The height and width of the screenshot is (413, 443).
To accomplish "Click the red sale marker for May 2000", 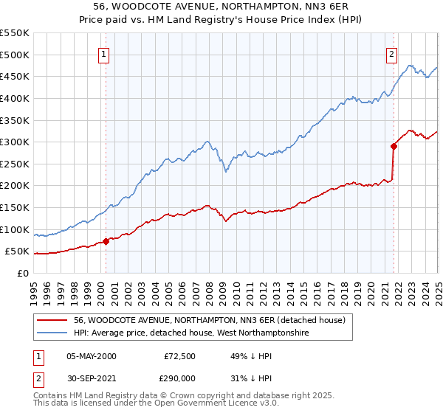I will click(x=106, y=240).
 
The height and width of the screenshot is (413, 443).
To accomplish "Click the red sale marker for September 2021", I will click(x=394, y=146).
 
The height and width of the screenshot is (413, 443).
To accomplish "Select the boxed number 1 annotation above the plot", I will click(x=104, y=53).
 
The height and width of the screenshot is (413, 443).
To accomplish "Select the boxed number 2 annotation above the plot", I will click(x=391, y=53).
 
